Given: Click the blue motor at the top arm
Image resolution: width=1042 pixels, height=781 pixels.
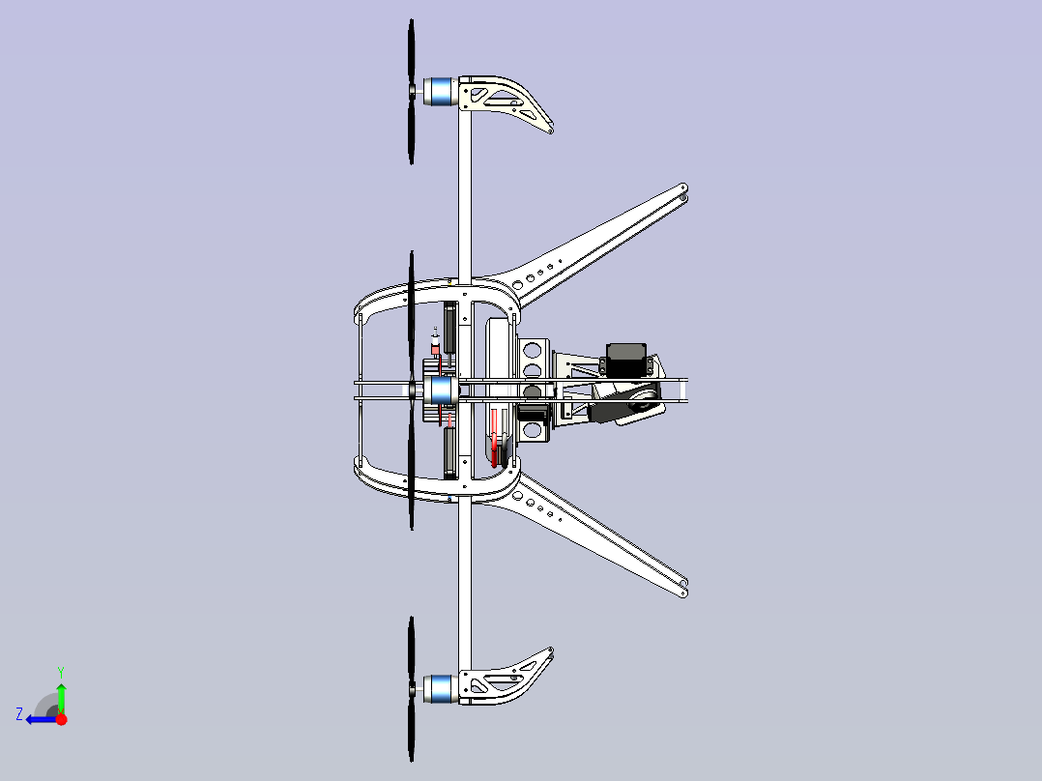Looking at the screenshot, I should [x=441, y=91].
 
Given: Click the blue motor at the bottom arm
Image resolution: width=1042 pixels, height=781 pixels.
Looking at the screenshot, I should [x=441, y=688].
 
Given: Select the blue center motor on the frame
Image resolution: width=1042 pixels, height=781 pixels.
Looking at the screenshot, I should [x=442, y=390].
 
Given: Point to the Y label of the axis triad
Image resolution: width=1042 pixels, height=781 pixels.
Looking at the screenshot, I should [x=61, y=670].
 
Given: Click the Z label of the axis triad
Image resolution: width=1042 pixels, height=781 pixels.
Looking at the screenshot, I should [x=19, y=713].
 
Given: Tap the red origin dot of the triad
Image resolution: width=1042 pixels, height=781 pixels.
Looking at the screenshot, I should [x=61, y=719].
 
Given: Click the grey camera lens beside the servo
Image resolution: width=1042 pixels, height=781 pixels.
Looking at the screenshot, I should [x=633, y=402].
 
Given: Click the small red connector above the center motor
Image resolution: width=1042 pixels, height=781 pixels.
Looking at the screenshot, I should [x=435, y=345].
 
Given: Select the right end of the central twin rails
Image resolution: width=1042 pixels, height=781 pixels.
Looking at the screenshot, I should [x=687, y=390].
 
